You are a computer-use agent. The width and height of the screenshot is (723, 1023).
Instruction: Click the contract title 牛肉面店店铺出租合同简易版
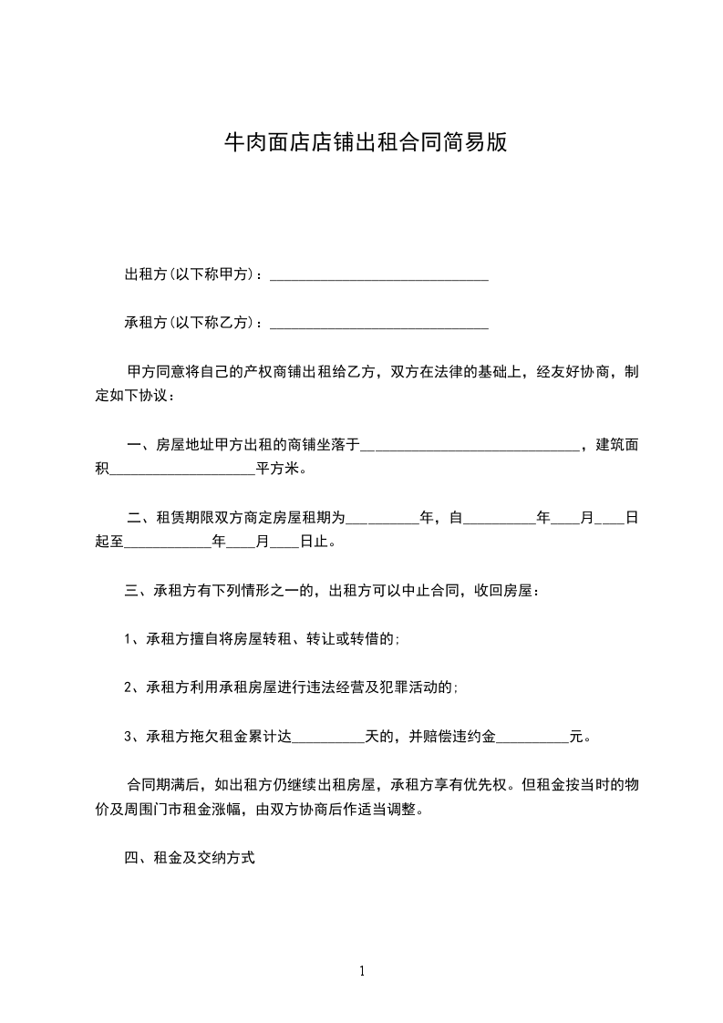tap(365, 142)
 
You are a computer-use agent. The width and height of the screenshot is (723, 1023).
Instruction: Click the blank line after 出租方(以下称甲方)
tap(379, 275)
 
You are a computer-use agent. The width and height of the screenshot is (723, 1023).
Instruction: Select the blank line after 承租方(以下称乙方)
tap(379, 323)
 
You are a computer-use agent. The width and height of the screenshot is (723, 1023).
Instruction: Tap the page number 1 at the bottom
tap(363, 971)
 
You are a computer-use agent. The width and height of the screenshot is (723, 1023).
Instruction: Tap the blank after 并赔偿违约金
tap(532, 738)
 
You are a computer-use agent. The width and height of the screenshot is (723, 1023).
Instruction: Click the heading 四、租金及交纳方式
tap(190, 858)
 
